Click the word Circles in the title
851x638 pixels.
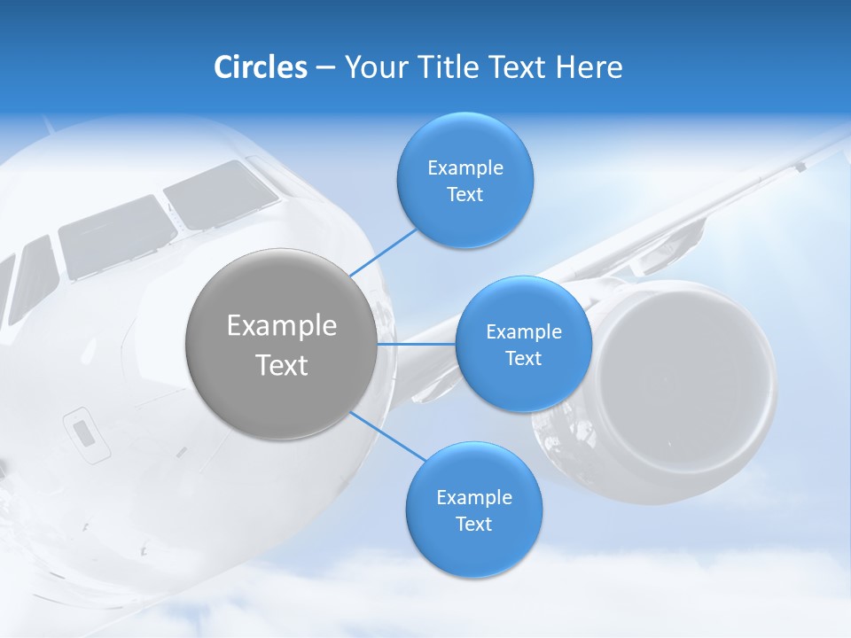[260, 67]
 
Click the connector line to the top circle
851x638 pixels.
[383, 252]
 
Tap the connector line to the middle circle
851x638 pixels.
[417, 344]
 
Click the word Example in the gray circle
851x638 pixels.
[281, 326]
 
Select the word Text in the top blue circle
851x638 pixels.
[465, 195]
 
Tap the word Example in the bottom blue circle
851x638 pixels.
[473, 497]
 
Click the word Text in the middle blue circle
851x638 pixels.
[523, 358]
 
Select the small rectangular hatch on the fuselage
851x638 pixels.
[82, 432]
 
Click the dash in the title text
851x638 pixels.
[325, 68]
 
